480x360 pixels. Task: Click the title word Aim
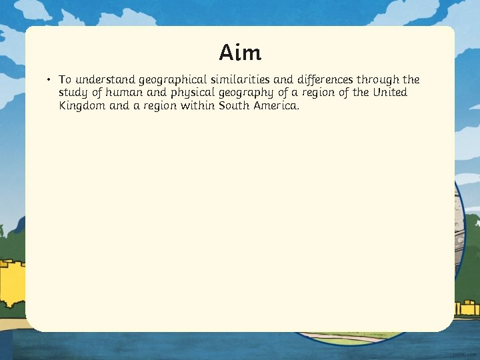[x=240, y=52]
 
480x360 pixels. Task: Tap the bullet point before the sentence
[x=49, y=80]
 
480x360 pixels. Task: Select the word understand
[x=104, y=80]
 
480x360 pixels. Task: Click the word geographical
[x=171, y=81]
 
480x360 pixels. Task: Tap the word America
[x=277, y=105]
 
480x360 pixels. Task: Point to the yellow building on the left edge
[x=12, y=287]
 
